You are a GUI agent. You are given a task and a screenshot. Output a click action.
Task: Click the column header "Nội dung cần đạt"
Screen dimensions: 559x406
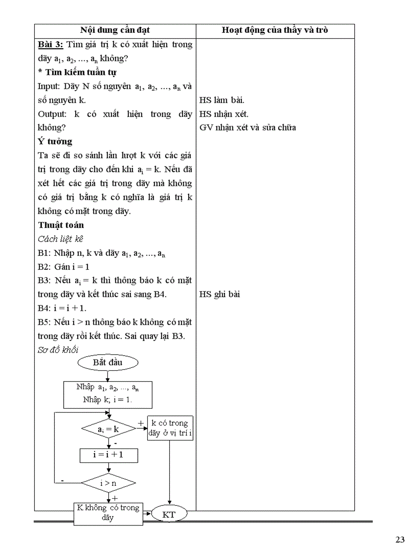click(115, 30)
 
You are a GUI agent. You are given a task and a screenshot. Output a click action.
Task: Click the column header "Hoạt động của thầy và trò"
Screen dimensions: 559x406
click(275, 30)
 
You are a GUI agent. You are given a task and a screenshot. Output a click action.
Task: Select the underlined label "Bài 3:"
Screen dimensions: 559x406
click(50, 44)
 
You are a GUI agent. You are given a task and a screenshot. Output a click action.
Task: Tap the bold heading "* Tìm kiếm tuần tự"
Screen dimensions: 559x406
click(77, 72)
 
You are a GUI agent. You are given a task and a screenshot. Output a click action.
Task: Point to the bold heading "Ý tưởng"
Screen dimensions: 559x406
click(55, 141)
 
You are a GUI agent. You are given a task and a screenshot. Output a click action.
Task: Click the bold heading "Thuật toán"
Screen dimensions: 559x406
click(61, 224)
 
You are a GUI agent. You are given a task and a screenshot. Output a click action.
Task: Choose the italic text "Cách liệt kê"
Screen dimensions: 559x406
click(61, 239)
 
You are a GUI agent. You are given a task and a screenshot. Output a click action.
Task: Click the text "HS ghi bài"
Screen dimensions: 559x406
click(220, 294)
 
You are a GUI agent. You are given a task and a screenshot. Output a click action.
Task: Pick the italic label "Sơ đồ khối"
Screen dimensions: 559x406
click(58, 349)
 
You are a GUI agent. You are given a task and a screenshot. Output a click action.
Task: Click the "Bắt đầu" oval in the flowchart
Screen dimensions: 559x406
click(107, 362)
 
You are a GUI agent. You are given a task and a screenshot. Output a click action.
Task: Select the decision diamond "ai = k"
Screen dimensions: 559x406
click(108, 428)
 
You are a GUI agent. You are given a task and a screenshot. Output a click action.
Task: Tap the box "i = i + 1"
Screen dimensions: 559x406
click(108, 455)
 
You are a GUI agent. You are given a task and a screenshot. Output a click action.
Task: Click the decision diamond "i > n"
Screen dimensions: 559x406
click(108, 482)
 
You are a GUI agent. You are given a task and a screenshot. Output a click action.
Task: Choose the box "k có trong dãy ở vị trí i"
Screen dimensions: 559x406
click(170, 428)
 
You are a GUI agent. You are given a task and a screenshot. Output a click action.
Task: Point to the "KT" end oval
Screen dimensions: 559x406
click(169, 515)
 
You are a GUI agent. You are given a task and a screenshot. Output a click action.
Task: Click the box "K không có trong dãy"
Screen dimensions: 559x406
click(108, 513)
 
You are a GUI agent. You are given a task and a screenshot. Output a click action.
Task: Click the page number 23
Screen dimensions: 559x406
click(400, 540)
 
